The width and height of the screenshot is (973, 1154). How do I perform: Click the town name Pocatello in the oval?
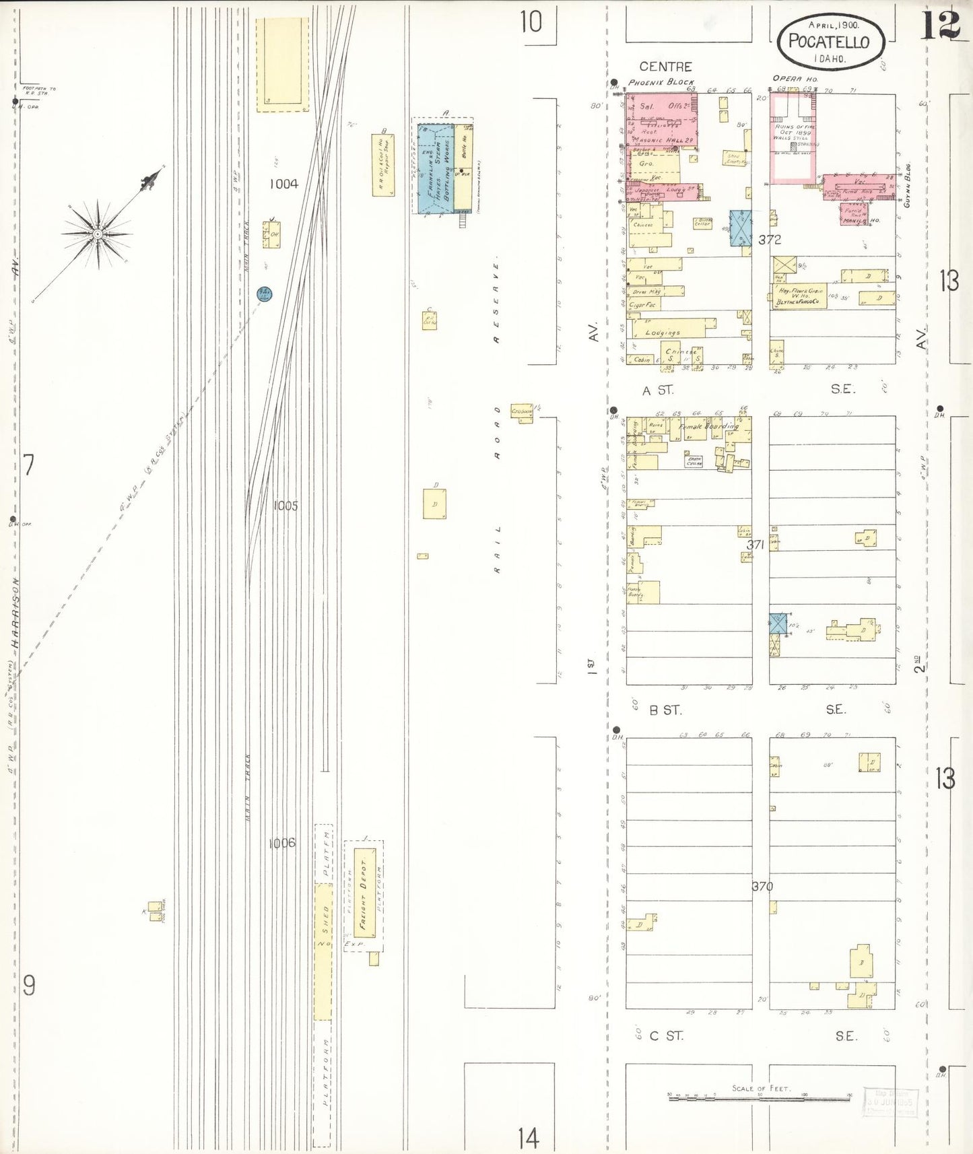pos(829,41)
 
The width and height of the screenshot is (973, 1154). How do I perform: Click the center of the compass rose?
pos(98,234)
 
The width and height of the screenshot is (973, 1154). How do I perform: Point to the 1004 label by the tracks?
pos(283,184)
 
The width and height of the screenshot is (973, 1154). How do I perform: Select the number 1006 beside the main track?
pos(282,843)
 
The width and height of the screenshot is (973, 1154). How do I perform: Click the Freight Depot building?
pos(364,893)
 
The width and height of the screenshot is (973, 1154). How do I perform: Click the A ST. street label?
pos(658,391)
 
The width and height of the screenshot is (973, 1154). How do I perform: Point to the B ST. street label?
pos(665,710)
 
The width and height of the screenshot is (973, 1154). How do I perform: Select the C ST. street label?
pos(667,1036)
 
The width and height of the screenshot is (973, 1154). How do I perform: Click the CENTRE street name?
pos(665,67)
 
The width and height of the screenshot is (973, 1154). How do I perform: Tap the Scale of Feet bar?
pos(760,1098)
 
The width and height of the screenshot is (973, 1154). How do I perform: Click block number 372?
pos(770,240)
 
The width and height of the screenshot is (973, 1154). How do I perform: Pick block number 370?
pos(762,886)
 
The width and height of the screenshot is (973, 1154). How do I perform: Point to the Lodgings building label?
pos(663,333)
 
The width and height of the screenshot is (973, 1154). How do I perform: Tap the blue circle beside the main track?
pos(265,294)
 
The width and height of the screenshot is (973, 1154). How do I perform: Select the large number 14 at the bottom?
pos(529,1139)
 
